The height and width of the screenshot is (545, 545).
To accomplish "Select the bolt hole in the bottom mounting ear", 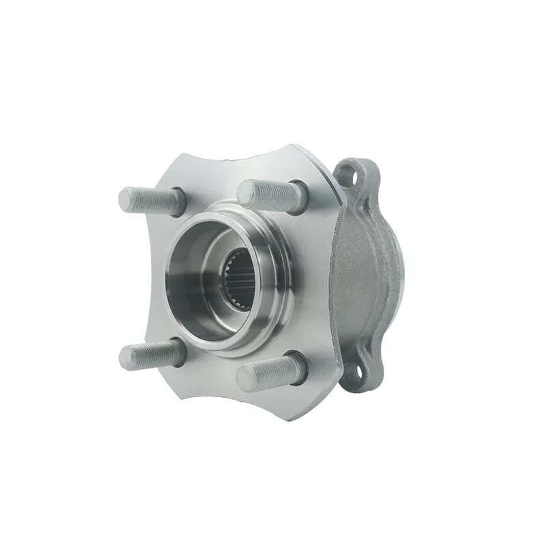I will pos(355,373).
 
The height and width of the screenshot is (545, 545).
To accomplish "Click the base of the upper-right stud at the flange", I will pos(294,190).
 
